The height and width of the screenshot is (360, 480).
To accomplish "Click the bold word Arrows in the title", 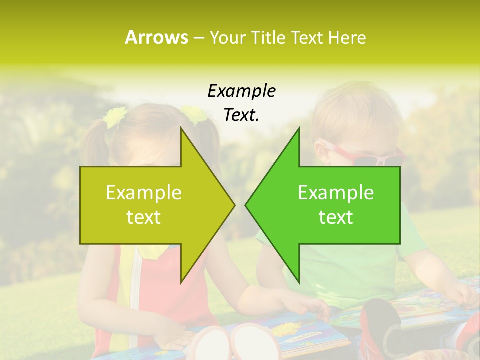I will click(156, 37).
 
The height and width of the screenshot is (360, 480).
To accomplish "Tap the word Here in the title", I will click(347, 37).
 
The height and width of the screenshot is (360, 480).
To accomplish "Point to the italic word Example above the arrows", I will click(241, 91).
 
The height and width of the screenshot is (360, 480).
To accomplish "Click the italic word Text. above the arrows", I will click(241, 115).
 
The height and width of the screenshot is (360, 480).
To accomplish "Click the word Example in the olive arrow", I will click(144, 192).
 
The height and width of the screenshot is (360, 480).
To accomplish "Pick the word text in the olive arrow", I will click(144, 217).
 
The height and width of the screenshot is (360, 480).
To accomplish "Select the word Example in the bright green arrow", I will click(336, 192).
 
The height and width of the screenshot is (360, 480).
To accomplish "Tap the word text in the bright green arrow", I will click(336, 217).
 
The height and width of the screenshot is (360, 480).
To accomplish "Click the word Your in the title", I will click(226, 37).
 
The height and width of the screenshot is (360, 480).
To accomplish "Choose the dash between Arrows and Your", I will click(198, 37).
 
